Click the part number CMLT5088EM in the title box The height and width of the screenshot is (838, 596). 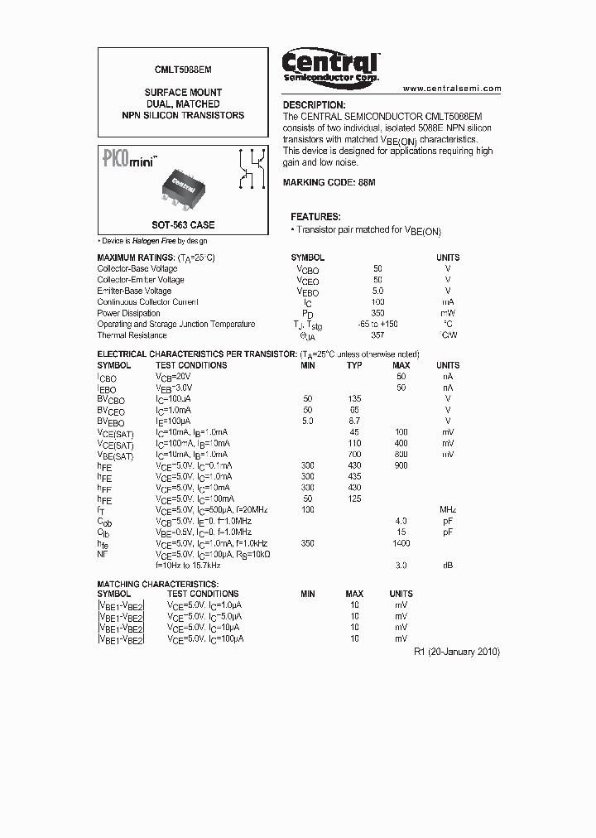pyautogui.click(x=183, y=72)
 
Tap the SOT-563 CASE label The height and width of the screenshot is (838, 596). pyautogui.click(x=183, y=224)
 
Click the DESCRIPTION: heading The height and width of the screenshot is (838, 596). pyautogui.click(x=314, y=105)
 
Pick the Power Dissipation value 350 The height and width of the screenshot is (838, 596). pyautogui.click(x=377, y=314)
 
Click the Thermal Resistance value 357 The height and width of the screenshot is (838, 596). pyautogui.click(x=377, y=335)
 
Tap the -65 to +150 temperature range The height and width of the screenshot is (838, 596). pyautogui.click(x=377, y=325)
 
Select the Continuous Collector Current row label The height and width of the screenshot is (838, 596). pyautogui.click(x=148, y=303)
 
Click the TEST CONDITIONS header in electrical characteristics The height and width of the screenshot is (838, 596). pyautogui.click(x=191, y=365)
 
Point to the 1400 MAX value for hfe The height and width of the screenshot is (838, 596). pyautogui.click(x=401, y=543)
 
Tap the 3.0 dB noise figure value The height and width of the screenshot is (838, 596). pyautogui.click(x=401, y=565)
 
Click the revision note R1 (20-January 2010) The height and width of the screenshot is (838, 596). pyautogui.click(x=456, y=652)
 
